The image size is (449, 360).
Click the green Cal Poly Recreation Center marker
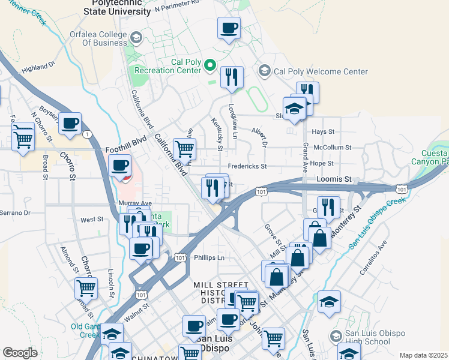point(210,65)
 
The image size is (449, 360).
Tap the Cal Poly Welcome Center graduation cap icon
point(264,71)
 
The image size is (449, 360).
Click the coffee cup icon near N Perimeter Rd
point(229,28)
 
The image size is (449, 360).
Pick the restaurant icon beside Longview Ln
point(231,77)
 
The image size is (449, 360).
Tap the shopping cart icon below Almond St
point(86,289)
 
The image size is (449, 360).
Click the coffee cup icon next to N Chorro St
point(70,124)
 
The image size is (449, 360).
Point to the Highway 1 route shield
point(89,134)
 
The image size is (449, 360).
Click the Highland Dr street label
point(38,67)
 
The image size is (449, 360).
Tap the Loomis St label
point(334,179)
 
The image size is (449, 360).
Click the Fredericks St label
point(246,166)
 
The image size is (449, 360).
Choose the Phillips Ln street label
point(209,257)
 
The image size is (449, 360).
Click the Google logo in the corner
point(20,353)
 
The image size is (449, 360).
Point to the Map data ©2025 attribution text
point(423,355)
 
